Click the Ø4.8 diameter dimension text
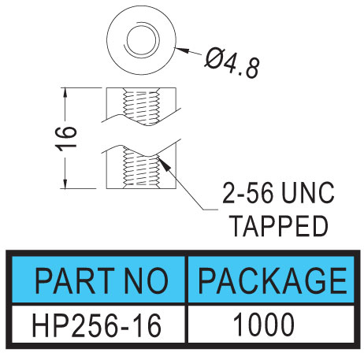click(x=232, y=63)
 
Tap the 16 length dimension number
click(x=66, y=139)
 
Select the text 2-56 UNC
click(x=278, y=193)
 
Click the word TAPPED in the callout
click(x=280, y=225)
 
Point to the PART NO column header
click(x=102, y=280)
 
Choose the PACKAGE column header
click(x=273, y=280)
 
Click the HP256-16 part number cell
click(x=96, y=325)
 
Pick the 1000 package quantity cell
click(x=263, y=325)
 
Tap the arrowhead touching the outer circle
click(x=182, y=50)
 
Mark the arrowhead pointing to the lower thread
click(x=163, y=162)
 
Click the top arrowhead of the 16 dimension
click(x=65, y=94)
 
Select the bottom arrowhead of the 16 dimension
click(x=65, y=182)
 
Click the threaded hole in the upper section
click(x=142, y=106)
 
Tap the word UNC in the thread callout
click(x=308, y=193)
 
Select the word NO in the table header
click(x=147, y=280)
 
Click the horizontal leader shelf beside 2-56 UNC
click(x=210, y=210)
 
